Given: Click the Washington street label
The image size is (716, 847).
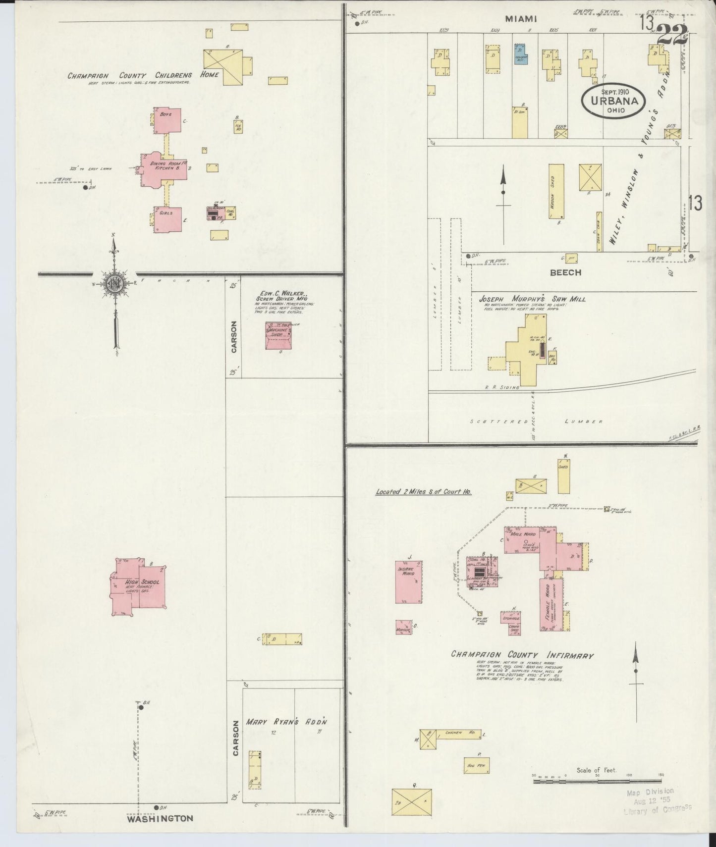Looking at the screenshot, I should point(160,818).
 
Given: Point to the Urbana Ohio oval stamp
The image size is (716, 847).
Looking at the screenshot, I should point(613,100).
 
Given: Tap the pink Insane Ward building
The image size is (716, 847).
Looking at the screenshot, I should point(409,582).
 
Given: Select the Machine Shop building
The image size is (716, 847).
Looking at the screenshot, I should point(278,336).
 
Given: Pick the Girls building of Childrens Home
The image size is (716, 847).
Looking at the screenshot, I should point(167,219).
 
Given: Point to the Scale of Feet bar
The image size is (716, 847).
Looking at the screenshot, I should point(597,794).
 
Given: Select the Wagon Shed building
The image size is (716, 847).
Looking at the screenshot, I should point(556,191).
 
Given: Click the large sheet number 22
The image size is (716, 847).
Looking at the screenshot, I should point(673,34).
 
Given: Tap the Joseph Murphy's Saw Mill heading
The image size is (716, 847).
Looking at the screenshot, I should point(532,299).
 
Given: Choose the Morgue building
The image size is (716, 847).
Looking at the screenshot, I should point(403,628).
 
